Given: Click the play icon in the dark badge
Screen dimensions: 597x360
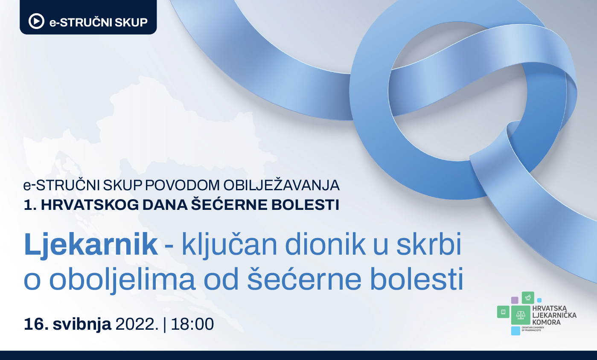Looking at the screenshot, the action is click(x=36, y=21).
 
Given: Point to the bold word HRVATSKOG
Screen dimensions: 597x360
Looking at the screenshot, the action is click(x=90, y=205).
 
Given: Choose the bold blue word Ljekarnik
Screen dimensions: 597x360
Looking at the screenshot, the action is click(x=90, y=244).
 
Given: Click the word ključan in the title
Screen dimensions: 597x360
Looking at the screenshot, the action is click(x=229, y=244).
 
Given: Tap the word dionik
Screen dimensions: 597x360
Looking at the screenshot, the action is click(x=325, y=244).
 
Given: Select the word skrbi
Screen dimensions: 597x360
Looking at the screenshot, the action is click(x=429, y=244).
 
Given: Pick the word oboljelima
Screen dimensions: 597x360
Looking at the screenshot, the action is click(x=122, y=280).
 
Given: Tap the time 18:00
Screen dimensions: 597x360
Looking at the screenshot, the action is click(x=192, y=324).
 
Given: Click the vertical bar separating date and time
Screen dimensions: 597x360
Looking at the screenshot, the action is click(x=164, y=325).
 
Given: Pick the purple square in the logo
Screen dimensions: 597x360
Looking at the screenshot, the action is click(x=515, y=300).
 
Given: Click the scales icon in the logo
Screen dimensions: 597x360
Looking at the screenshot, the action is click(x=521, y=315).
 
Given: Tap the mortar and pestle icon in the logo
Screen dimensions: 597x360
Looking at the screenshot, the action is click(x=528, y=298).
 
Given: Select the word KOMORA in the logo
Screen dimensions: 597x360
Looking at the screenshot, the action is click(x=546, y=322).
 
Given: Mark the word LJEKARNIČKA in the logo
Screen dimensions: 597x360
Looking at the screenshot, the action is click(x=554, y=315).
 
